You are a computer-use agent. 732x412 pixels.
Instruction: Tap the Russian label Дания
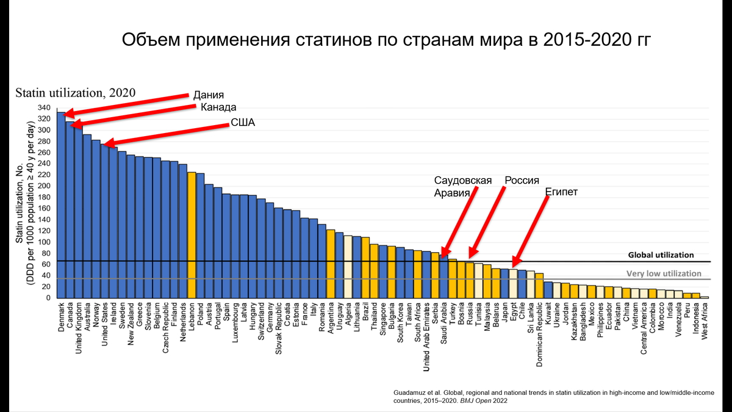pyautogui.click(x=209, y=95)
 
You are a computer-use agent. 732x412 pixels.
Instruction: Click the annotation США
pyautogui.click(x=242, y=123)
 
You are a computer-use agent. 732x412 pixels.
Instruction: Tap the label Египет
pyautogui.click(x=561, y=192)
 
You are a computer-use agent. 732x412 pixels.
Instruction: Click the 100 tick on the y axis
pyautogui.click(x=44, y=242)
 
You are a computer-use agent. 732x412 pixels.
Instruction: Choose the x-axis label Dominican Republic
pyautogui.click(x=539, y=333)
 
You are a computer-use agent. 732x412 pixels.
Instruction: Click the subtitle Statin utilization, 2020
pyautogui.click(x=75, y=93)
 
